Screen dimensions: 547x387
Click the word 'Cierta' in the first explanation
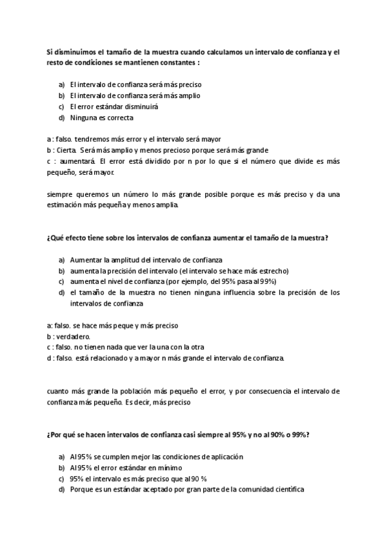(x=66, y=150)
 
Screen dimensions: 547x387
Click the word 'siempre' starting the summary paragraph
(x=60, y=194)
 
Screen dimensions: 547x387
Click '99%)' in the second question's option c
(x=267, y=282)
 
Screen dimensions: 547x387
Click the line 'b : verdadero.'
(x=68, y=337)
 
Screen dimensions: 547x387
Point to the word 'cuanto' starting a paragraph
(x=59, y=391)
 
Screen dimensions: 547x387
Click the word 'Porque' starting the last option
(x=82, y=490)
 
